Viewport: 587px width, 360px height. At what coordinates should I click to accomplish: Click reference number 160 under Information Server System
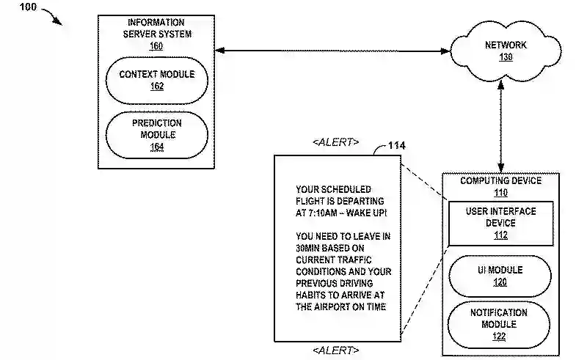click(x=156, y=46)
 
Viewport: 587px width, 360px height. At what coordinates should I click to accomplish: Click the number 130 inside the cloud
click(x=506, y=57)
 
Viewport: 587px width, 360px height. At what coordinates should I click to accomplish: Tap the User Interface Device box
click(x=501, y=223)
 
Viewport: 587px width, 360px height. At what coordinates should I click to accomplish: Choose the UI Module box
click(x=501, y=275)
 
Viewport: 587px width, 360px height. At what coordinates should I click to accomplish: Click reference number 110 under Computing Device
click(x=500, y=193)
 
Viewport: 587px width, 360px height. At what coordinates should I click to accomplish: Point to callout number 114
click(x=396, y=145)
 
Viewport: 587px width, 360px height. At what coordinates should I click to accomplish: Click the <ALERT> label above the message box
click(x=336, y=142)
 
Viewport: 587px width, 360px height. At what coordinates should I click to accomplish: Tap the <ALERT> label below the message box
click(x=336, y=350)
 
